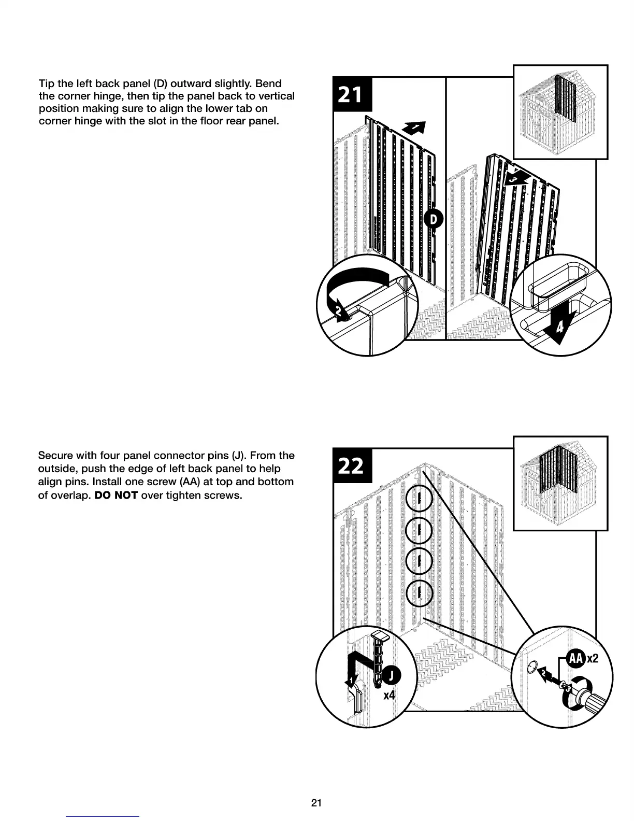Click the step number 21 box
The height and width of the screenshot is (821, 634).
pos(350,95)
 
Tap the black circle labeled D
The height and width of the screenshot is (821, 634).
pos(434,220)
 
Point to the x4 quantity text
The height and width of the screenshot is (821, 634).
pos(389,695)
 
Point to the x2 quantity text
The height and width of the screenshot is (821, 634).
pos(593,659)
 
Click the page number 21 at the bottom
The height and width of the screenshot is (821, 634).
pos(316,803)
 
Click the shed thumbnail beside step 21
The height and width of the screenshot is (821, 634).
pos(560,112)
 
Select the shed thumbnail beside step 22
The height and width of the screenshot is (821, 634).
pos(560,483)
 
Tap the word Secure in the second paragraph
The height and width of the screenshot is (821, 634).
pos(55,456)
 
